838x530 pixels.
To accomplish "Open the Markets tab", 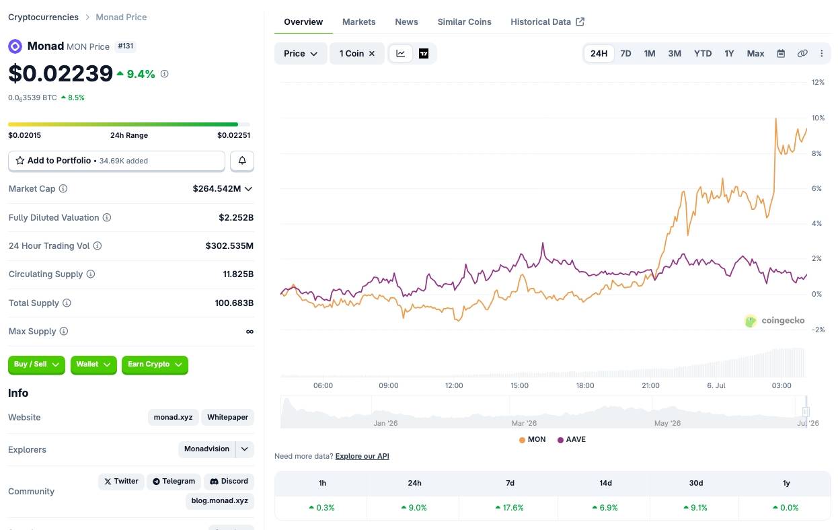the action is [358, 22].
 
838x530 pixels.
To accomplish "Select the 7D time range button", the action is [625, 54].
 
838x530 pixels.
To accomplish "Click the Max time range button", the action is [755, 54].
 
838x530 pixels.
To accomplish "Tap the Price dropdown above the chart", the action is [301, 54].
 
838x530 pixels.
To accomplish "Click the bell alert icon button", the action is [242, 161].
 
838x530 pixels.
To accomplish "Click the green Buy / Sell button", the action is [36, 365].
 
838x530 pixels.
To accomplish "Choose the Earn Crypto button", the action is [155, 365].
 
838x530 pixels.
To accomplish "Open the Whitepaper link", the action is [227, 417].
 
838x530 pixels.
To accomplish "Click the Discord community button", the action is [229, 482].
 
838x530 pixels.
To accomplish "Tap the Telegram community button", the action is [174, 482].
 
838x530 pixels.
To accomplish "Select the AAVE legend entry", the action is [572, 439].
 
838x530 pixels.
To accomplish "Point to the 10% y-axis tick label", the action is [818, 118].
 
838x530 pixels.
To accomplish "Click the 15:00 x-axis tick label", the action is [519, 385].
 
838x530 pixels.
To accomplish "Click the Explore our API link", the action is [362, 456].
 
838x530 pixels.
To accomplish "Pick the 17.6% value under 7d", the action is [510, 508].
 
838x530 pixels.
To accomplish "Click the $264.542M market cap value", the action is [217, 189].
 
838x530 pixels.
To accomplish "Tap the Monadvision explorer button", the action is [206, 449].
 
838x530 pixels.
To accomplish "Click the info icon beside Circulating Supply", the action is [91, 274].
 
